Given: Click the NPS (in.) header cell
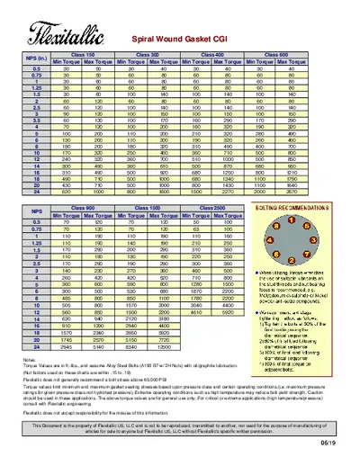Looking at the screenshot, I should coord(37,58).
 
